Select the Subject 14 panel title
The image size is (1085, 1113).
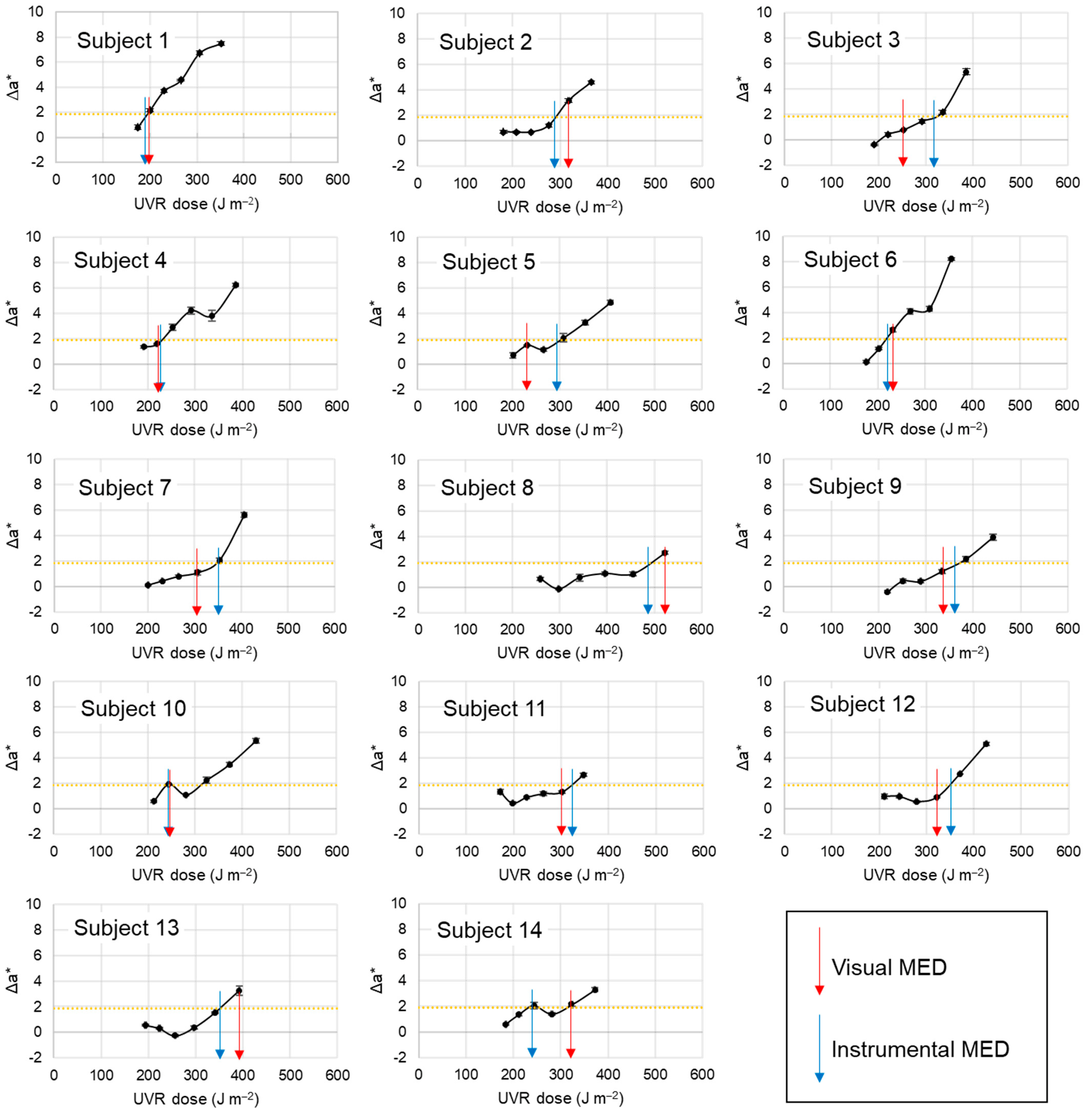click(x=489, y=930)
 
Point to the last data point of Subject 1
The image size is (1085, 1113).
click(x=221, y=43)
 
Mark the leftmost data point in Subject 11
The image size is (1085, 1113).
click(x=500, y=792)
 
